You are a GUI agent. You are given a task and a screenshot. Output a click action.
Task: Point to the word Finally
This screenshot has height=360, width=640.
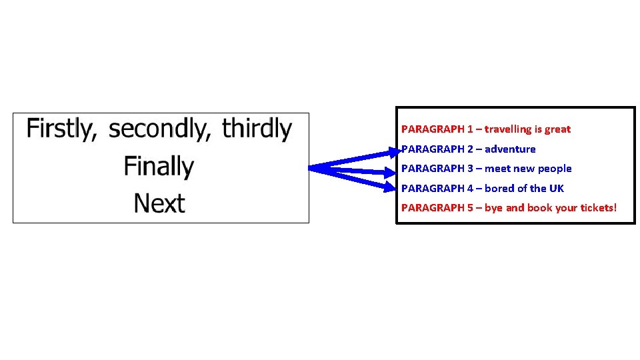[159, 166]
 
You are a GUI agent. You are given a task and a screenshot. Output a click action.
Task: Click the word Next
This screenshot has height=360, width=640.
[159, 203]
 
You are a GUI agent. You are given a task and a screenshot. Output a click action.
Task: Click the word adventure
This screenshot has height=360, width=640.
[510, 149]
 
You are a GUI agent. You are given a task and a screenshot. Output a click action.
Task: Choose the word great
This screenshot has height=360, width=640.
[557, 129]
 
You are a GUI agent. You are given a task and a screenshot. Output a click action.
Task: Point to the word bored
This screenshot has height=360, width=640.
[499, 189]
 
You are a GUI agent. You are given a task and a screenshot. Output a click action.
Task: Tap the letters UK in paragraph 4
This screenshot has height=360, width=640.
[556, 189]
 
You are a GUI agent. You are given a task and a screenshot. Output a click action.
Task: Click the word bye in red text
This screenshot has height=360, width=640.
[493, 208]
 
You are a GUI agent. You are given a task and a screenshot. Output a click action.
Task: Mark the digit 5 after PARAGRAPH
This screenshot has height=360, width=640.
[470, 208]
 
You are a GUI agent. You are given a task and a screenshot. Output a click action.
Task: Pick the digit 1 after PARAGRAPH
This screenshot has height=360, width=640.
[470, 129]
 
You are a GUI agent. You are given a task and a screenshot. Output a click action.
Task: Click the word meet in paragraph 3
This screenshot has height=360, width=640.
[497, 169]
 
